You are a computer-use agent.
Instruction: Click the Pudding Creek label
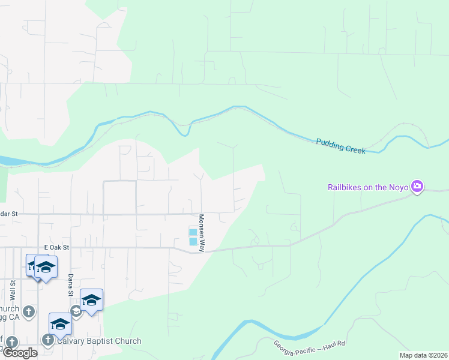[x=340, y=145]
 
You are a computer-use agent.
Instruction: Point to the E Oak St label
[x=57, y=247]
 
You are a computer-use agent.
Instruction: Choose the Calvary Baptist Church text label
[x=99, y=341]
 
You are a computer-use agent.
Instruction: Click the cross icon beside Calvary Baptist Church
[x=48, y=340]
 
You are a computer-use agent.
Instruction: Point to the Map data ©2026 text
[x=423, y=355]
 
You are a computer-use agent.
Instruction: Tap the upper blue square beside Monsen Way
[x=192, y=232]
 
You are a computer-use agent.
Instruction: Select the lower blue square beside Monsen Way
[x=192, y=242]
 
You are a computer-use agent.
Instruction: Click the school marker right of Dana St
[x=91, y=299]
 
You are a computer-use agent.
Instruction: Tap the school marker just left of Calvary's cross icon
[x=60, y=323]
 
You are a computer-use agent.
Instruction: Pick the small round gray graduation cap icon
[x=76, y=311]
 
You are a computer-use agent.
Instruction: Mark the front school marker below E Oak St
[x=46, y=266]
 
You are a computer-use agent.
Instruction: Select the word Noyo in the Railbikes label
[x=399, y=187]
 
